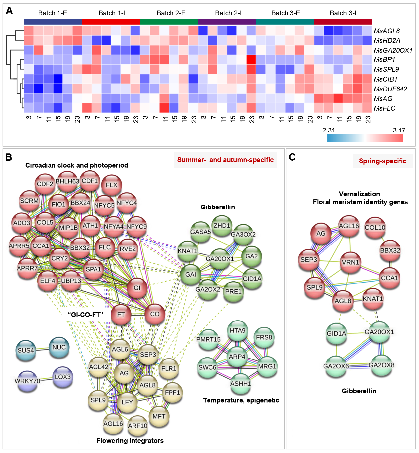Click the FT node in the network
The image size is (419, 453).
coord(121,314)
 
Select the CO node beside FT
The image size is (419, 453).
coord(154,314)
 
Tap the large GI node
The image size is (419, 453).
coord(137,288)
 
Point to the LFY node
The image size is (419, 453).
coord(127,402)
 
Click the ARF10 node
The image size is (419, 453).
coord(137,426)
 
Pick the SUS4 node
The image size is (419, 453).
coord(26,350)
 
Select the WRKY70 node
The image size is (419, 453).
coord(27,381)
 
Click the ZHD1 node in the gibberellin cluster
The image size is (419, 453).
coord(222,226)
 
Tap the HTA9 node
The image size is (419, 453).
coord(237,330)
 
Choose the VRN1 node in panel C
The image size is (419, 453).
coord(350,262)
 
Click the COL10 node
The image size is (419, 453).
coord(375,227)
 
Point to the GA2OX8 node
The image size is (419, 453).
coord(381,365)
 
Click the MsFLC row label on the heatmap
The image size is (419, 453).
coord(384,108)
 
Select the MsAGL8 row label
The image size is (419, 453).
coord(387,31)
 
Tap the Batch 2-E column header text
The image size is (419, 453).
coord(171,13)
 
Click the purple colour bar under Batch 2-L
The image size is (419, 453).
coord(227,22)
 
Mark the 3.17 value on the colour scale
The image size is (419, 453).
coord(399,130)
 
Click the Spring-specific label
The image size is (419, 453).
coord(383,161)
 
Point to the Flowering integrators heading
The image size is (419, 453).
coord(130,440)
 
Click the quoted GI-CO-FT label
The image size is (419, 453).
coord(86,315)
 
